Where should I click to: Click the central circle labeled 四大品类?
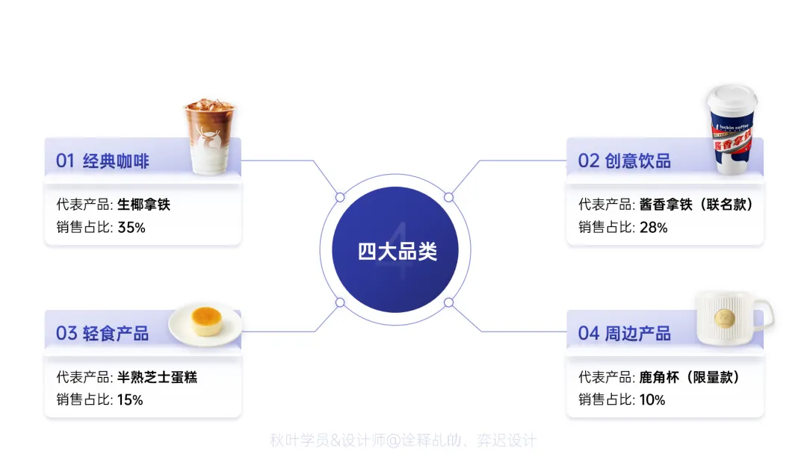(x=396, y=251)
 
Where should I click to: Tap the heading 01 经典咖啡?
(x=102, y=161)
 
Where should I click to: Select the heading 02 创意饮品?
(x=624, y=161)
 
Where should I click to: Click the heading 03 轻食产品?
(x=102, y=333)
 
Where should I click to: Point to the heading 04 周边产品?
(x=624, y=333)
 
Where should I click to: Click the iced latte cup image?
(x=209, y=139)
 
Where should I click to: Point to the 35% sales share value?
(x=131, y=228)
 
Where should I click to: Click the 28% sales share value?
(x=653, y=228)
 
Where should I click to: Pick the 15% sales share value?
(x=130, y=400)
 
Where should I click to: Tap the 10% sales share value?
(x=652, y=400)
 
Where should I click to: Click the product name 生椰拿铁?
(x=143, y=205)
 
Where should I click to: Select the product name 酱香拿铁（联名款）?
(x=696, y=205)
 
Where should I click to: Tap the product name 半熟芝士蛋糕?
(x=157, y=377)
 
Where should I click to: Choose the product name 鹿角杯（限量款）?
(x=690, y=377)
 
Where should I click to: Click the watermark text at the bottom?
(x=403, y=441)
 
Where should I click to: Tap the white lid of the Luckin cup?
(x=732, y=98)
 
